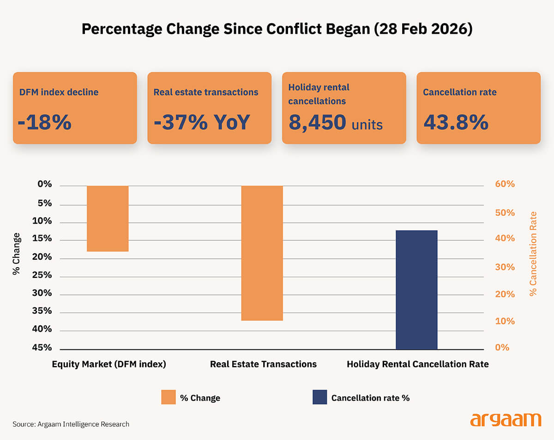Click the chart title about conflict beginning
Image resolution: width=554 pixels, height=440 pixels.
point(277,29)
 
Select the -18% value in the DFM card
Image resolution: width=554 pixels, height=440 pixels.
point(45,122)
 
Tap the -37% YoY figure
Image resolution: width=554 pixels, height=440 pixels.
point(202,122)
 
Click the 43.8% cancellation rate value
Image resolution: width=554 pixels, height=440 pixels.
point(456,122)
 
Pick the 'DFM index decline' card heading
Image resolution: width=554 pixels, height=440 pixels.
point(59,92)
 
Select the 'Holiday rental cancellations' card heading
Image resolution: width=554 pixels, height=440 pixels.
point(319,94)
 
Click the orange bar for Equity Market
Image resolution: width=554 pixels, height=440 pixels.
point(108,219)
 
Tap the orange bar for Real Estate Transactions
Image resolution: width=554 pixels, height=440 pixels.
point(262,253)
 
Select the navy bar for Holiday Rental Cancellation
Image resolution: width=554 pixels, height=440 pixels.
point(416,290)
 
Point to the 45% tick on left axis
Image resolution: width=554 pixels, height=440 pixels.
point(42,348)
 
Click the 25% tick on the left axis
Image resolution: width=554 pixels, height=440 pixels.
point(42,275)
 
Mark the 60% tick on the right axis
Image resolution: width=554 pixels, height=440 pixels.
point(505,184)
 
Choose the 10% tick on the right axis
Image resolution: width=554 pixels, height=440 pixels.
point(505,321)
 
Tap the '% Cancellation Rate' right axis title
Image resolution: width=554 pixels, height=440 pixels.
point(533,254)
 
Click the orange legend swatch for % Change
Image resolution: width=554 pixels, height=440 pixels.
point(169,397)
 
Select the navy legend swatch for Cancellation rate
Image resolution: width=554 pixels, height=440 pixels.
point(319,397)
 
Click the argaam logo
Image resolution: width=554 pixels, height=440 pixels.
point(506,420)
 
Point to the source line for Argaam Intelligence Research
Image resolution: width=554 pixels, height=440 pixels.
point(71,424)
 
